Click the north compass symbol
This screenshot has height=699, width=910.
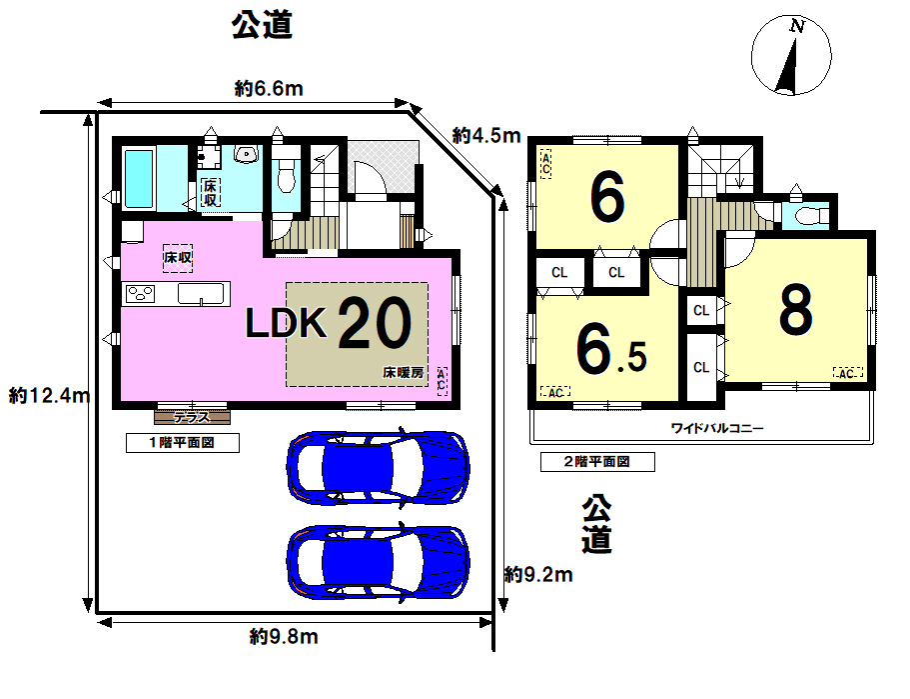(791, 56)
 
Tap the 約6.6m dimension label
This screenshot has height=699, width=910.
(269, 88)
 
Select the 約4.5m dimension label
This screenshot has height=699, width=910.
(486, 135)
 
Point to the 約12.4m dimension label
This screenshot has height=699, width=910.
(49, 396)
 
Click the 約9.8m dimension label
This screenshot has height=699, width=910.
(284, 637)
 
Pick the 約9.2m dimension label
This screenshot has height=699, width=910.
(538, 575)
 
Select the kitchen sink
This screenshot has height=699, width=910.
(201, 294)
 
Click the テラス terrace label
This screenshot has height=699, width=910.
(192, 417)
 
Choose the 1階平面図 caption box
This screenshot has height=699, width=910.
(183, 443)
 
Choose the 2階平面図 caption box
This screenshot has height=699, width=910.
(597, 462)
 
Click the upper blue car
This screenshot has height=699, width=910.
(378, 467)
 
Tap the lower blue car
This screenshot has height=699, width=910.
(378, 562)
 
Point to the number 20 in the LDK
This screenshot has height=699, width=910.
(375, 322)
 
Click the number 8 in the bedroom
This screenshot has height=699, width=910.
(796, 310)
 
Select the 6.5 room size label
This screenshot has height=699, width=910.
(611, 350)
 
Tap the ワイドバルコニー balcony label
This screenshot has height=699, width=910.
(717, 429)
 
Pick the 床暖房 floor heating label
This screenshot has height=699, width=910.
(404, 372)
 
